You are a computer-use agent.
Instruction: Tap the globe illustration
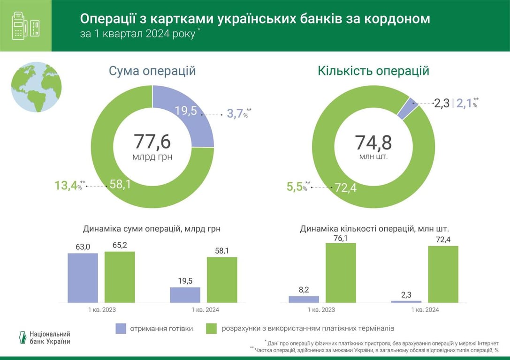36,87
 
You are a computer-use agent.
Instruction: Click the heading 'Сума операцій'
152,71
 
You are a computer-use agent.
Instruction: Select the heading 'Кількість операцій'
373,71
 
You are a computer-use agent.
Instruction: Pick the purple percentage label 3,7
236,113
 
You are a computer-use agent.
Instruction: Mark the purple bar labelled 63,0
83,277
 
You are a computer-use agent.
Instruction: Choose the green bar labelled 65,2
120,277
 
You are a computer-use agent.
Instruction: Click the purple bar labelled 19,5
185,294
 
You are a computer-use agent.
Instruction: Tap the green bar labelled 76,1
341,272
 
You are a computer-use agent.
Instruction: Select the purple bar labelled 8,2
304,299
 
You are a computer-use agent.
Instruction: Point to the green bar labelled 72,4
443,274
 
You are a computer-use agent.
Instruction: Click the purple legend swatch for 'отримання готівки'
121,329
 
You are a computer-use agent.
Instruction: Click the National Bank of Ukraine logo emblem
21,337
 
